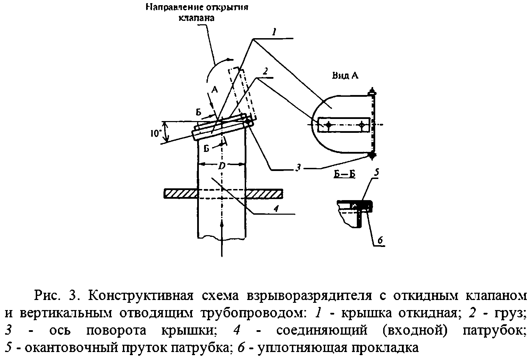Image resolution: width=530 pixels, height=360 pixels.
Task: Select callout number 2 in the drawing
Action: point(265,71)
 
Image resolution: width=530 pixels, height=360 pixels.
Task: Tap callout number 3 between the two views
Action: point(298,168)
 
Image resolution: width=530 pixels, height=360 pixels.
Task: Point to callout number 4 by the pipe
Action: point(276,209)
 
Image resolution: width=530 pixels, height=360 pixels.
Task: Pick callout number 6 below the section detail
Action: point(379,240)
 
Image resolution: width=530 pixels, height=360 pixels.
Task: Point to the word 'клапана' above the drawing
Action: point(196,18)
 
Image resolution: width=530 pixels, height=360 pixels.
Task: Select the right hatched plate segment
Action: point(264,194)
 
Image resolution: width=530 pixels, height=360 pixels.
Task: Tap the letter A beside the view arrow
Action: point(214,90)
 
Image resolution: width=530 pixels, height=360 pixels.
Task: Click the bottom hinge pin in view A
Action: point(372,155)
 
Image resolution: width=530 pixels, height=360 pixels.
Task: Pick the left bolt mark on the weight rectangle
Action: point(328,125)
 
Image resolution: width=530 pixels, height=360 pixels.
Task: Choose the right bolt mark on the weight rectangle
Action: point(362,125)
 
